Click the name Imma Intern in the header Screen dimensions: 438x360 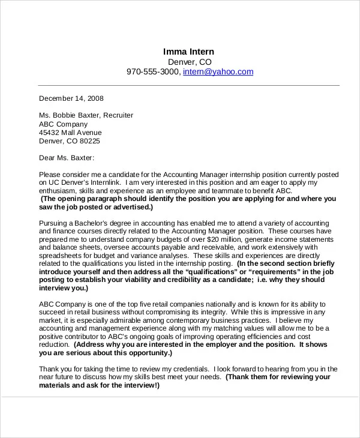click(x=189, y=51)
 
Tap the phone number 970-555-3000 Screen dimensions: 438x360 click(x=152, y=71)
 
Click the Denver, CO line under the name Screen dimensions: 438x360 click(x=189, y=61)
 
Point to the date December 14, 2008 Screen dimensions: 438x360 click(x=71, y=98)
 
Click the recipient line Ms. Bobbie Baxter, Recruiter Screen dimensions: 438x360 click(x=86, y=115)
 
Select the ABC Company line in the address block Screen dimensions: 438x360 click(x=63, y=124)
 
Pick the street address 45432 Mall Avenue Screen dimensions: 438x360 click(x=70, y=133)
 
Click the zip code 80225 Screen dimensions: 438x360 click(x=89, y=142)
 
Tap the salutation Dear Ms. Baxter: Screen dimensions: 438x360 click(x=67, y=158)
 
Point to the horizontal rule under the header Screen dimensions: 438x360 click(x=189, y=85)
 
